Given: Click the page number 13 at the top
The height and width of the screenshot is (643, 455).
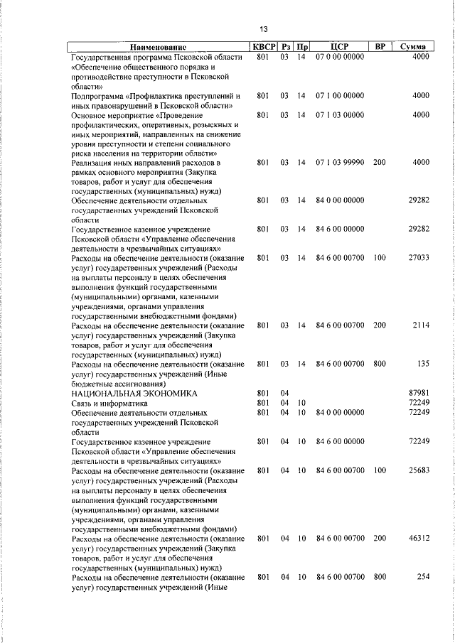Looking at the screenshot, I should [263, 29].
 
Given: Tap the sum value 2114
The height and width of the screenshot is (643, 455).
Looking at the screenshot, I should [419, 325].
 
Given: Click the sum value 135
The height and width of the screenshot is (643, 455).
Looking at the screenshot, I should [423, 364].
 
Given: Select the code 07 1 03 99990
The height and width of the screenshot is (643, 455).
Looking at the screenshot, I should [340, 162].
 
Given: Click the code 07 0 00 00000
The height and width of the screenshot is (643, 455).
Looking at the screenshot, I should [340, 56].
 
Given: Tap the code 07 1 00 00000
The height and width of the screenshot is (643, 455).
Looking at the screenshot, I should [340, 94].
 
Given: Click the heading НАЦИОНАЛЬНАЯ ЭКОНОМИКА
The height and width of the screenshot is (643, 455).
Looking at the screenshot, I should [134, 393].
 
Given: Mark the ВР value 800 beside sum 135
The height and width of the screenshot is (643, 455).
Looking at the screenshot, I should [380, 364].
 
